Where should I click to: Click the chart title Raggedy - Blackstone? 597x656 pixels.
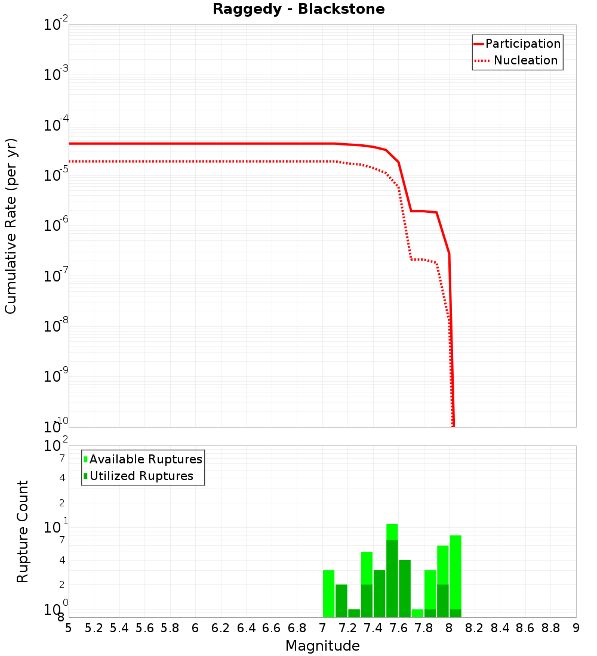298,9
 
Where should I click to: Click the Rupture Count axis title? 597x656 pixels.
23,531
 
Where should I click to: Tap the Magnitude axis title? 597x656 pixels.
322,646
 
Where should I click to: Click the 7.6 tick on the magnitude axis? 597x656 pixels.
398,628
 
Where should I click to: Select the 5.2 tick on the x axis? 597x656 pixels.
94,628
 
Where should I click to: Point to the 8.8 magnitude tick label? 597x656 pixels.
550,628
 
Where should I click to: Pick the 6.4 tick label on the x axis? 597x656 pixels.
246,628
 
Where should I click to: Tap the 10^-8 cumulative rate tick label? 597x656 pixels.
54,325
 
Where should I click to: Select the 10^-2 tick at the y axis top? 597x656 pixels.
54,24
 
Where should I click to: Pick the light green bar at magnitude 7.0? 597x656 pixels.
328,593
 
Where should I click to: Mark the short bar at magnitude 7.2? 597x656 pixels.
354,613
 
